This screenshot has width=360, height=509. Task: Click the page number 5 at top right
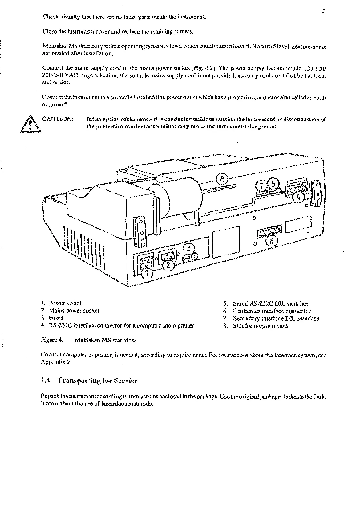click(x=323, y=10)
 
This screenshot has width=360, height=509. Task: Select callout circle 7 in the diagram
click(x=262, y=186)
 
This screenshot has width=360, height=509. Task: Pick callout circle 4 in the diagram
click(x=298, y=197)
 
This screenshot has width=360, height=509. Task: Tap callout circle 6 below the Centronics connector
click(x=271, y=241)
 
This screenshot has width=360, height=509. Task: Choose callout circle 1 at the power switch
click(x=148, y=273)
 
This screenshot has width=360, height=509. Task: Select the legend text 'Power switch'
click(x=66, y=303)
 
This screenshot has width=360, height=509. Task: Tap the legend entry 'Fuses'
click(x=56, y=318)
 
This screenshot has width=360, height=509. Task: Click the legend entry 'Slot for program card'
click(x=260, y=326)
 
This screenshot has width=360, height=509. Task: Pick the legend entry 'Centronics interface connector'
click(x=272, y=311)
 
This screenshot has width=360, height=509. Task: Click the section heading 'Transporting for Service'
click(x=98, y=381)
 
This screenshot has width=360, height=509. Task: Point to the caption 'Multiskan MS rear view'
click(x=105, y=340)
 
